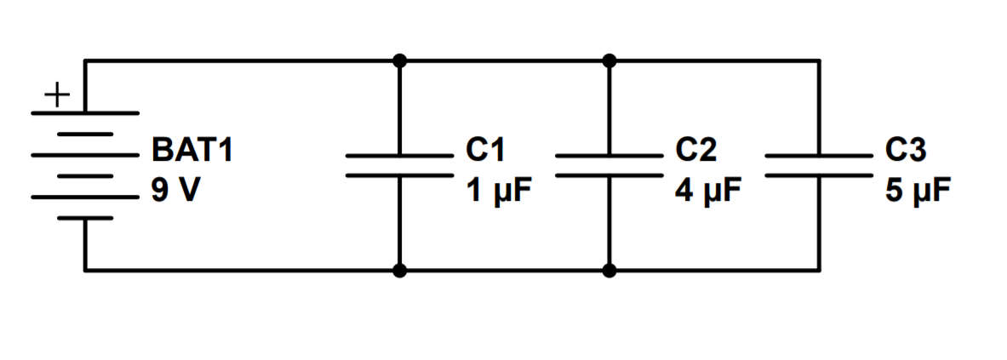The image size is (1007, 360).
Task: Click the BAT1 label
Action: click(x=192, y=151)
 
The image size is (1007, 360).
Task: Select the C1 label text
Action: click(x=485, y=151)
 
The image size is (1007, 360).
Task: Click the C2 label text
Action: click(x=696, y=151)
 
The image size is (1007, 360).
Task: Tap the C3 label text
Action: click(x=906, y=151)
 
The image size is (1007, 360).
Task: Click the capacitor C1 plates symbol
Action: click(x=399, y=165)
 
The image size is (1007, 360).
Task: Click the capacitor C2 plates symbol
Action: click(x=609, y=165)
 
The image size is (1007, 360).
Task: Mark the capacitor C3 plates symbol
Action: click(x=819, y=165)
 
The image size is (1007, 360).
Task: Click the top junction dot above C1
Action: click(x=399, y=60)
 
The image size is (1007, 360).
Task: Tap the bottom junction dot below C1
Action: click(x=399, y=271)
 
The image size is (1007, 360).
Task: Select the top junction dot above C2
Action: click(x=609, y=60)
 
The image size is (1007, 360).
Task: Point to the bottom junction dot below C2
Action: click(x=609, y=271)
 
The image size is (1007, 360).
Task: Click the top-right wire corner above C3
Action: click(x=820, y=60)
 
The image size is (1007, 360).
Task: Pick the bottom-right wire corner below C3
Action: click(x=820, y=271)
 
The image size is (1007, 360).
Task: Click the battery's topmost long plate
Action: click(x=85, y=112)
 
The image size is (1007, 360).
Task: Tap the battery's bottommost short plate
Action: click(x=85, y=218)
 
